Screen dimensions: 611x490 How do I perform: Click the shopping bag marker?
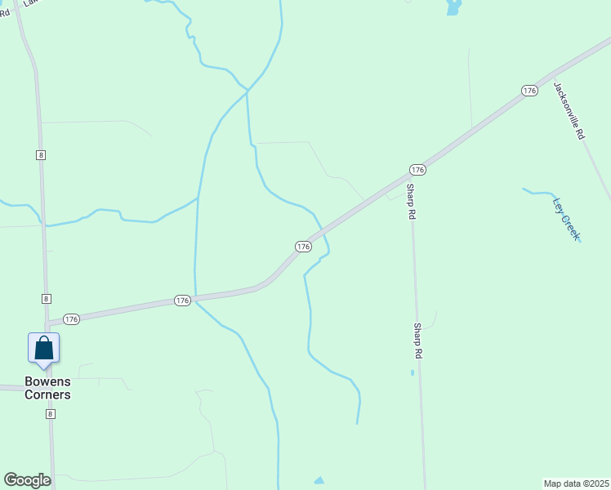click(x=43, y=348)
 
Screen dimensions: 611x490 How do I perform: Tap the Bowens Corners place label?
click(x=47, y=388)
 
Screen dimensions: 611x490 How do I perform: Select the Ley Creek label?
click(x=566, y=218)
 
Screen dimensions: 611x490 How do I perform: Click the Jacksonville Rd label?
click(x=569, y=110)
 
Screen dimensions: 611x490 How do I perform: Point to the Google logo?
click(x=27, y=480)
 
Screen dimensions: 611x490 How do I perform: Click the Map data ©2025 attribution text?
click(x=576, y=483)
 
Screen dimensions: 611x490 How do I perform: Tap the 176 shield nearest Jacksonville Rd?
click(x=529, y=91)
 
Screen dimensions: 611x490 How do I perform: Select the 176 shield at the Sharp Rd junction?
click(x=417, y=170)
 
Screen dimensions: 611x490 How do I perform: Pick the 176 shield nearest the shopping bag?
click(x=72, y=319)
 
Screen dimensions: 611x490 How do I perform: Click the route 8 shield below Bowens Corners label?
click(x=51, y=414)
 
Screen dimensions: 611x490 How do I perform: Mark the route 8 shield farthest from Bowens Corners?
click(x=40, y=154)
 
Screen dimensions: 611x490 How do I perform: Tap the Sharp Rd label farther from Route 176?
click(x=417, y=341)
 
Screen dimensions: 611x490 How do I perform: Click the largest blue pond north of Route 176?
click(x=453, y=8)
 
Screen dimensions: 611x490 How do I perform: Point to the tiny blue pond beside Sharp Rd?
click(x=413, y=372)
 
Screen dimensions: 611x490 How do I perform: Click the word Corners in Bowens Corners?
click(x=47, y=395)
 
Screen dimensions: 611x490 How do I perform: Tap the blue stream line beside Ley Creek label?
click(x=539, y=193)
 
